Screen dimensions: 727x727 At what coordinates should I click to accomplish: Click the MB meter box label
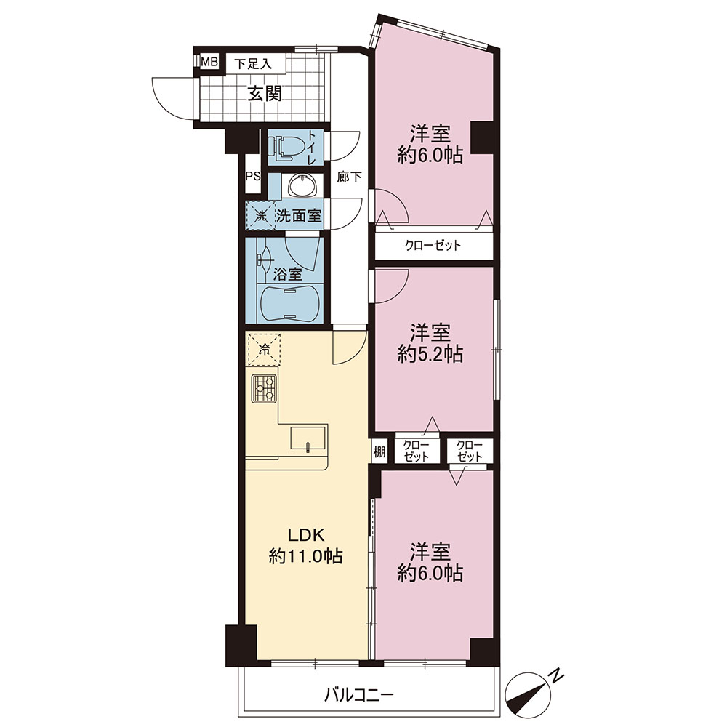point(209,62)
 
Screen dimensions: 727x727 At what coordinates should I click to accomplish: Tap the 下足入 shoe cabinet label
point(253,63)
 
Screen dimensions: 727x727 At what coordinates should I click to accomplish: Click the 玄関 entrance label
point(265,95)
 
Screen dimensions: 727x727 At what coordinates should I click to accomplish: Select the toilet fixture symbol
point(288,147)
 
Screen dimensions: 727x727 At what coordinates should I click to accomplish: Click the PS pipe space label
point(253,177)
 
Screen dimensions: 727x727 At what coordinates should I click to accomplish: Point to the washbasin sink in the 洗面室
point(302,185)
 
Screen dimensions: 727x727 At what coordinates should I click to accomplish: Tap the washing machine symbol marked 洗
point(260,216)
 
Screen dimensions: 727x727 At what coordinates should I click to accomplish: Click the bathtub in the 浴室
point(290,303)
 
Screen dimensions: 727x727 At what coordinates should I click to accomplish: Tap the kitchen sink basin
point(308,438)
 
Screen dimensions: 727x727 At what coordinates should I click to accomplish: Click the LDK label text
point(306,535)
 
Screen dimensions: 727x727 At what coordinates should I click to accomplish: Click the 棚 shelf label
point(379,451)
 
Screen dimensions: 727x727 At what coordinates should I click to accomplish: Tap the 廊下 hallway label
point(349,177)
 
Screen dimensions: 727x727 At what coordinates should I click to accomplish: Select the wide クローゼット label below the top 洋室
point(433,245)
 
